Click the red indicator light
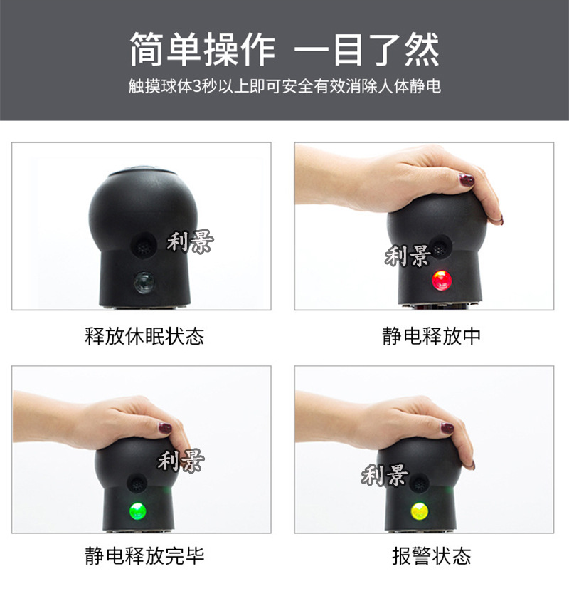tap(442, 280)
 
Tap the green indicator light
tap(138, 511)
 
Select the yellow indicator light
tap(420, 511)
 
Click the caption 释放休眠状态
tap(144, 336)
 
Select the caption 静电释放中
tap(431, 336)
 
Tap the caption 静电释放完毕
tap(144, 555)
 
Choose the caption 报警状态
tap(431, 555)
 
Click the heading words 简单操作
tap(202, 49)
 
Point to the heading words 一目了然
tap(366, 49)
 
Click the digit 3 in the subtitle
tap(197, 86)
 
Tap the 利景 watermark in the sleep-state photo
tap(190, 241)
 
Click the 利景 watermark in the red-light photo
tap(408, 256)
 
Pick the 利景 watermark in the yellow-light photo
tap(385, 475)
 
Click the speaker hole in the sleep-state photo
tap(144, 244)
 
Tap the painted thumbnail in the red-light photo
tap(467, 179)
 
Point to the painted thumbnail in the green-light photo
tap(165, 427)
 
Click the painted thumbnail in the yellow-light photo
tap(447, 428)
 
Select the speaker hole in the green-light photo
tap(137, 484)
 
